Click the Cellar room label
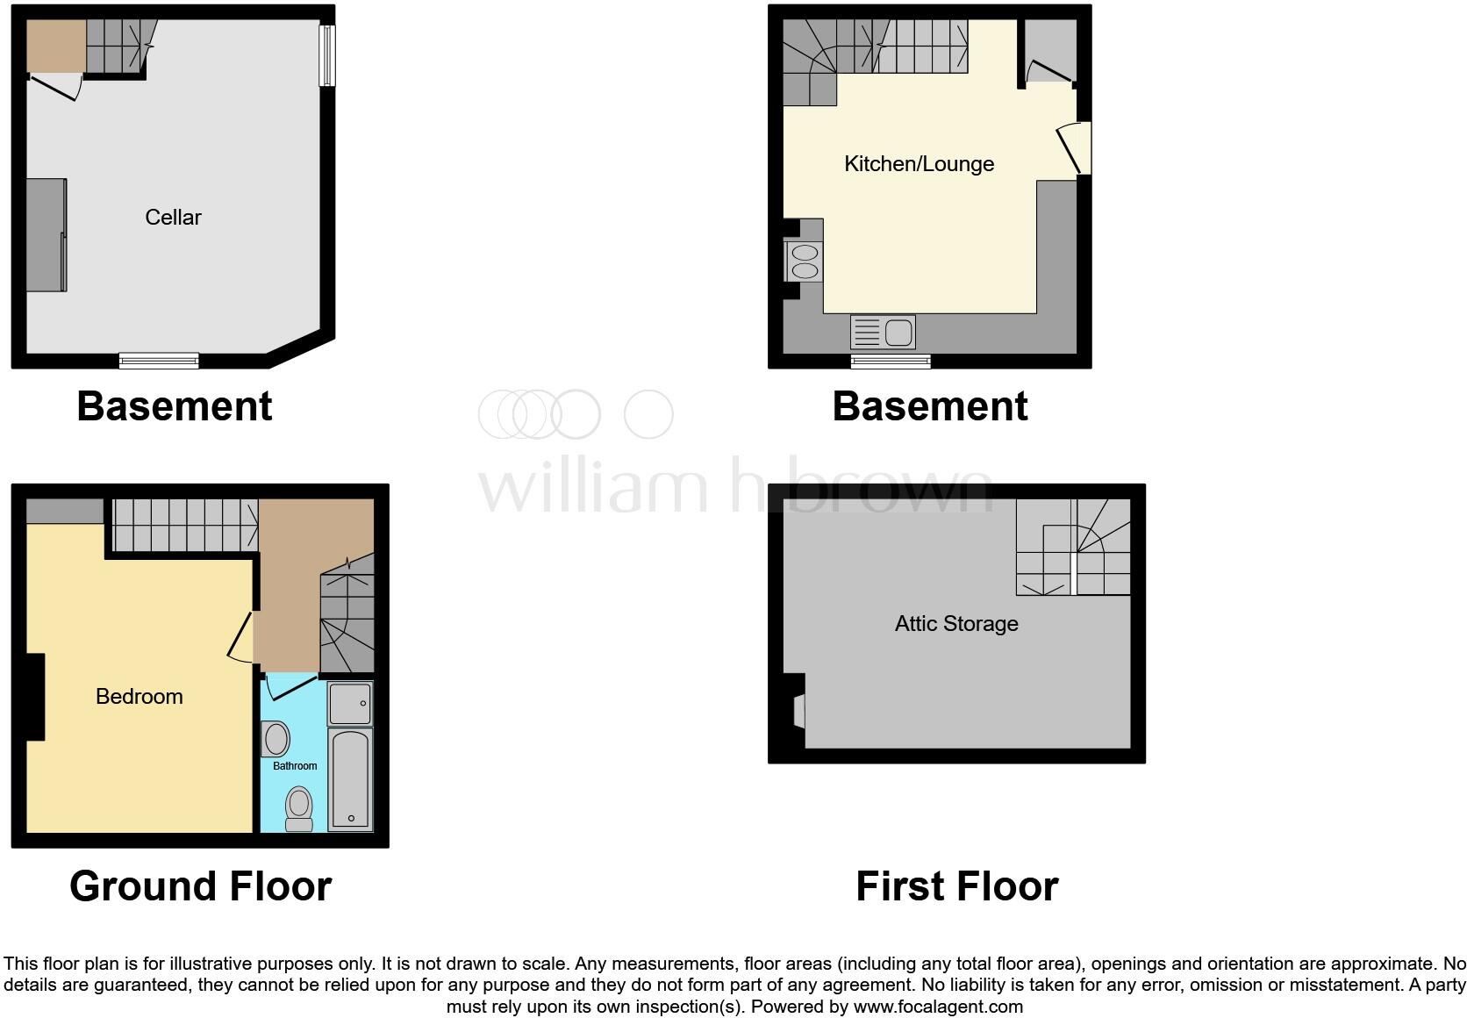coord(173,217)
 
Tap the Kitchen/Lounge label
coord(919,163)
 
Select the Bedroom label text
coord(139,696)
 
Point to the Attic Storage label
coord(956,623)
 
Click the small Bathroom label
coord(294,766)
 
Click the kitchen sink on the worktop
coord(883,333)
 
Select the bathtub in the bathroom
coord(351,778)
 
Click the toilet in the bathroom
coord(299,807)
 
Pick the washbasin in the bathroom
coord(276,739)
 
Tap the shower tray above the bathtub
coord(350,704)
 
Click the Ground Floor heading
coord(200,885)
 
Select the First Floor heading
coord(956,885)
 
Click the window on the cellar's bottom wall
coord(159,360)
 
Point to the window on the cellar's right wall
coord(326,54)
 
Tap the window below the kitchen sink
coord(891,361)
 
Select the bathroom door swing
coord(290,686)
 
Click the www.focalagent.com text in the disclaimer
coord(938,1007)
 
